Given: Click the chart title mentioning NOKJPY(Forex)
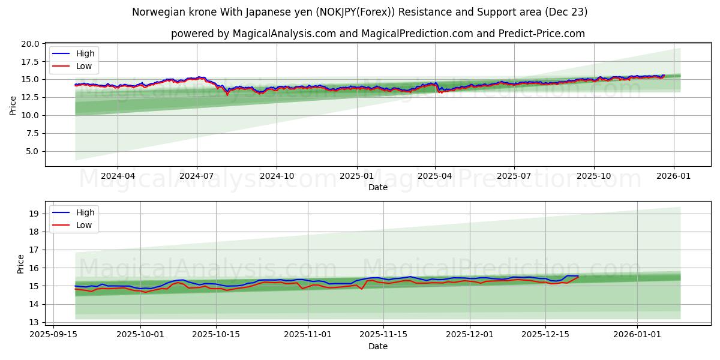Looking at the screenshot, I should click(360, 12).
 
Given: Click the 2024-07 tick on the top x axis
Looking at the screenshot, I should click(197, 176).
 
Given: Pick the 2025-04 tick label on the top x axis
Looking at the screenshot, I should click(435, 176).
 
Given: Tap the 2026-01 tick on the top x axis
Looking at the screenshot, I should click(673, 176).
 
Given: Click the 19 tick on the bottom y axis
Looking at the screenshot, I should click(34, 214).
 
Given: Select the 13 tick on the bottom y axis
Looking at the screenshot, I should click(34, 322).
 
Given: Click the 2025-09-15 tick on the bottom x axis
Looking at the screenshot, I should click(53, 335).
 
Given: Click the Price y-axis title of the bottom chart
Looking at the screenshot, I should click(21, 264).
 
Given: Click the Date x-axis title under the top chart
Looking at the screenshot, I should click(378, 187).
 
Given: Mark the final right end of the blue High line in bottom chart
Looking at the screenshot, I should click(578, 276).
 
